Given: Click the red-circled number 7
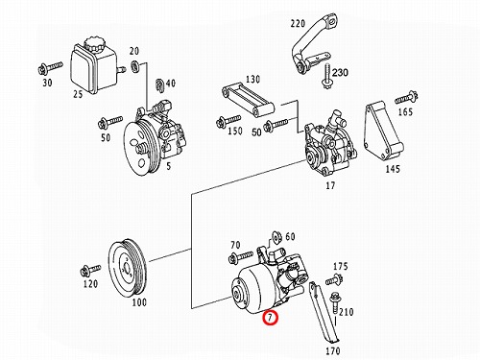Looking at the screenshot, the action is point(270,318).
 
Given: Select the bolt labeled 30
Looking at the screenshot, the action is point(50,68).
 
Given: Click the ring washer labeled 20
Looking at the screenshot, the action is point(135,66).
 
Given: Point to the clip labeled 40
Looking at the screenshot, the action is point(159,84).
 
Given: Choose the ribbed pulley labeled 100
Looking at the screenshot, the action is point(128,266).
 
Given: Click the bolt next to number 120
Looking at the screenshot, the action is point(90,271).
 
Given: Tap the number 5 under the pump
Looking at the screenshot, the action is point(169,166).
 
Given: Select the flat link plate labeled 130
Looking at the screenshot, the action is point(248,99).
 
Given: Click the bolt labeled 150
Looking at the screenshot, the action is point(228,121).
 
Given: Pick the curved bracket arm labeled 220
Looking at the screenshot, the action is point(313,44).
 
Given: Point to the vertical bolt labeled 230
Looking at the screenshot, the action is point(326,77).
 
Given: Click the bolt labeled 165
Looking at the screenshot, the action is point(407,97).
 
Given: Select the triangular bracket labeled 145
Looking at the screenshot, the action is point(383,131).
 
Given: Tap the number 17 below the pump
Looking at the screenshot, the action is point(330,185).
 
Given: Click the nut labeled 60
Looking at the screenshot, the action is point(276,237).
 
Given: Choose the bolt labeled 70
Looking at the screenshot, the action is point(241,256).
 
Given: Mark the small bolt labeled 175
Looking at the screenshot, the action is point(334,280).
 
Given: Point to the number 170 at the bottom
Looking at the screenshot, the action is point(333,351).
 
